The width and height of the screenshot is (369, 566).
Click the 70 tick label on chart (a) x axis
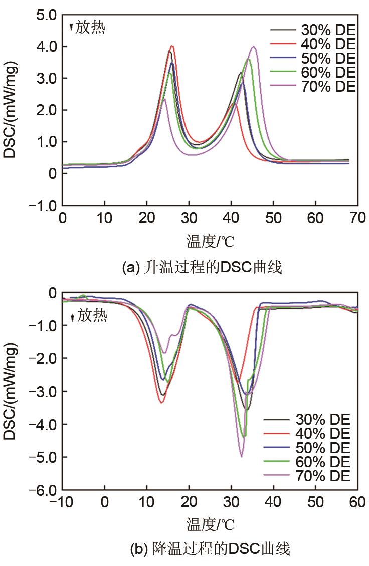coord(357,219)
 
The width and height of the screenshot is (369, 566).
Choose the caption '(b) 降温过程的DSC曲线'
coord(210,549)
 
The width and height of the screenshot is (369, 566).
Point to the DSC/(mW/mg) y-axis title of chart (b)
coord(10,391)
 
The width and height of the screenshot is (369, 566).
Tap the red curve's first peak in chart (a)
coord(172,46)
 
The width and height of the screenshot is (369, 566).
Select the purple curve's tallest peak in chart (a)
coord(254,47)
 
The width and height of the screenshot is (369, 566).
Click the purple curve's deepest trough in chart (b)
coord(242,456)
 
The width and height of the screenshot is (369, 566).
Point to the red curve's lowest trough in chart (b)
coord(161,402)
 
